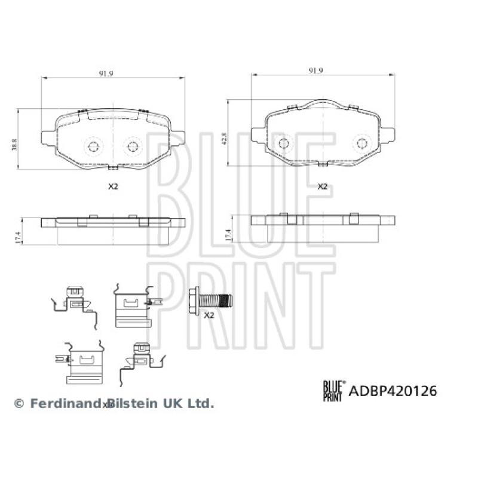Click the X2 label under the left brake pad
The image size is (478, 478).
coord(113,186)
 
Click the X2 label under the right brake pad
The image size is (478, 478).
coord(322,186)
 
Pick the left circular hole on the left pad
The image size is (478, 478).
coord(93,146)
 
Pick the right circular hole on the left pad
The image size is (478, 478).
coord(132,146)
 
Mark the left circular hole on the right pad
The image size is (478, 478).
coord(284,143)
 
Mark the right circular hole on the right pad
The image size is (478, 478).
coord(361,143)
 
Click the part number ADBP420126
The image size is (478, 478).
coord(393,391)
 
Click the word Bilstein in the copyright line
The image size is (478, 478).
coord(136,404)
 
